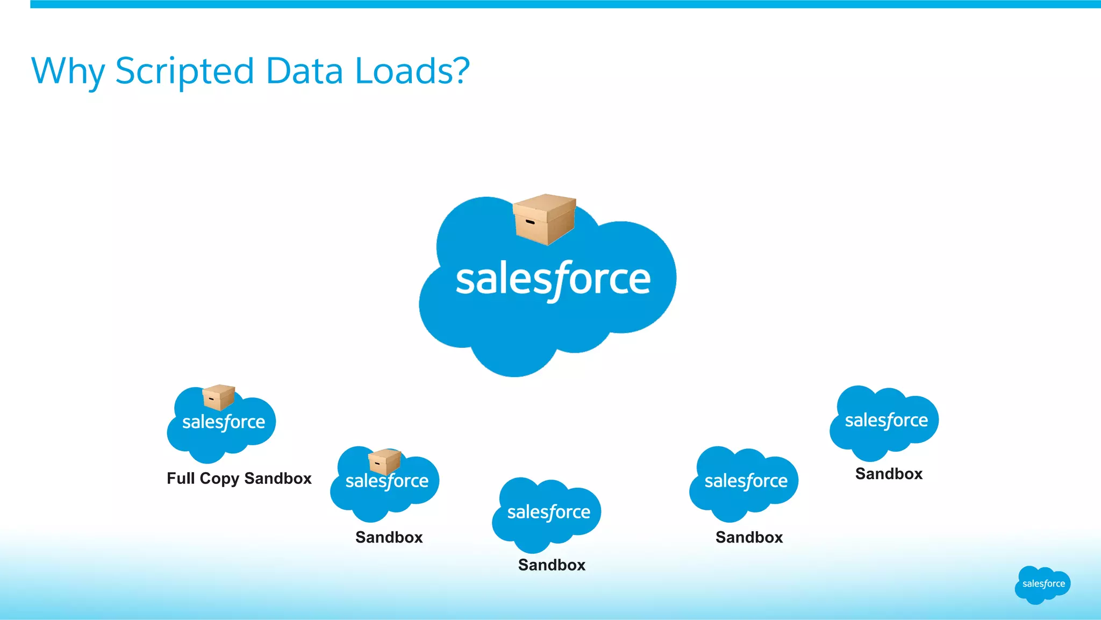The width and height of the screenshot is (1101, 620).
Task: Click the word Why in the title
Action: tap(68, 71)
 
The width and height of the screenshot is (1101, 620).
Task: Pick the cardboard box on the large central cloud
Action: tap(544, 219)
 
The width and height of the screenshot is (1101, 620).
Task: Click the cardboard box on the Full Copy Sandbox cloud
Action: tap(218, 397)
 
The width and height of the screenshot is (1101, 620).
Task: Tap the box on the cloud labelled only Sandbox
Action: tap(384, 461)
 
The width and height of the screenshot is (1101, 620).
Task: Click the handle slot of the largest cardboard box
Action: tap(530, 222)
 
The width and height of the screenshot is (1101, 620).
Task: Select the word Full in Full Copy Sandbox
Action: tap(181, 478)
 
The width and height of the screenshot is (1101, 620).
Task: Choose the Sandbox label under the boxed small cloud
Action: tap(389, 537)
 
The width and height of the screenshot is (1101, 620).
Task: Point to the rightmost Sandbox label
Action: tap(889, 474)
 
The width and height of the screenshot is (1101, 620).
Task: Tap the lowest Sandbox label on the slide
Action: tap(552, 565)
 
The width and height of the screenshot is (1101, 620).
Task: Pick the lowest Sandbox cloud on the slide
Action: tap(547, 515)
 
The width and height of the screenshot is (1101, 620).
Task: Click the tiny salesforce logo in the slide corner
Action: tap(1043, 585)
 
